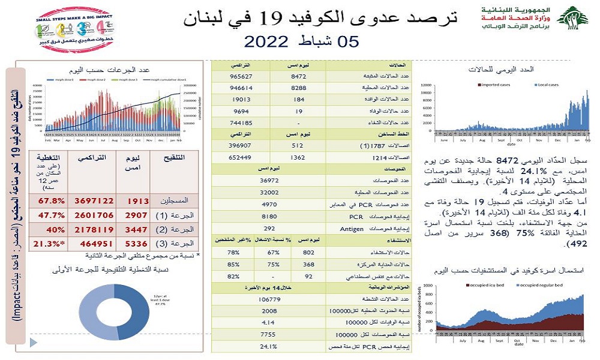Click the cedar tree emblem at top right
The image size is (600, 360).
point(572,19)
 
